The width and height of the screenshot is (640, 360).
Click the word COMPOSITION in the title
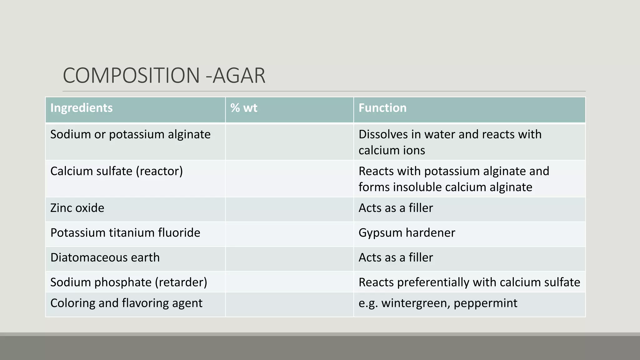coord(131,76)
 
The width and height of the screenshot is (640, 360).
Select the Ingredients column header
coord(82,108)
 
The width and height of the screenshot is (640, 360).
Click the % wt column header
coord(244,108)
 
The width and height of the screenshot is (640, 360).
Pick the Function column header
coord(382,108)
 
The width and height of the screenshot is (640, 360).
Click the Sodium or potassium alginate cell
coord(130,134)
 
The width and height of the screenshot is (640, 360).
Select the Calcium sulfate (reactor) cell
coord(117,171)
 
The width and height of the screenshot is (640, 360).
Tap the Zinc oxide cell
coord(77,208)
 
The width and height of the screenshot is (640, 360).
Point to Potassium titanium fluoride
coord(125,233)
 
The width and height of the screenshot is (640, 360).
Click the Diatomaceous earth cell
coord(105,257)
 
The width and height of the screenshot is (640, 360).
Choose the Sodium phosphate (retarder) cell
coord(129,282)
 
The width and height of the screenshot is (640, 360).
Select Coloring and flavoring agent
coord(126,303)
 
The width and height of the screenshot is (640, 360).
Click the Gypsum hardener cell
coord(407,233)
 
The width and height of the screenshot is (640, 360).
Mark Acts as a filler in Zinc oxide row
coord(396,208)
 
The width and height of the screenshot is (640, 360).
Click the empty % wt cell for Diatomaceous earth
coord(289,259)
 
